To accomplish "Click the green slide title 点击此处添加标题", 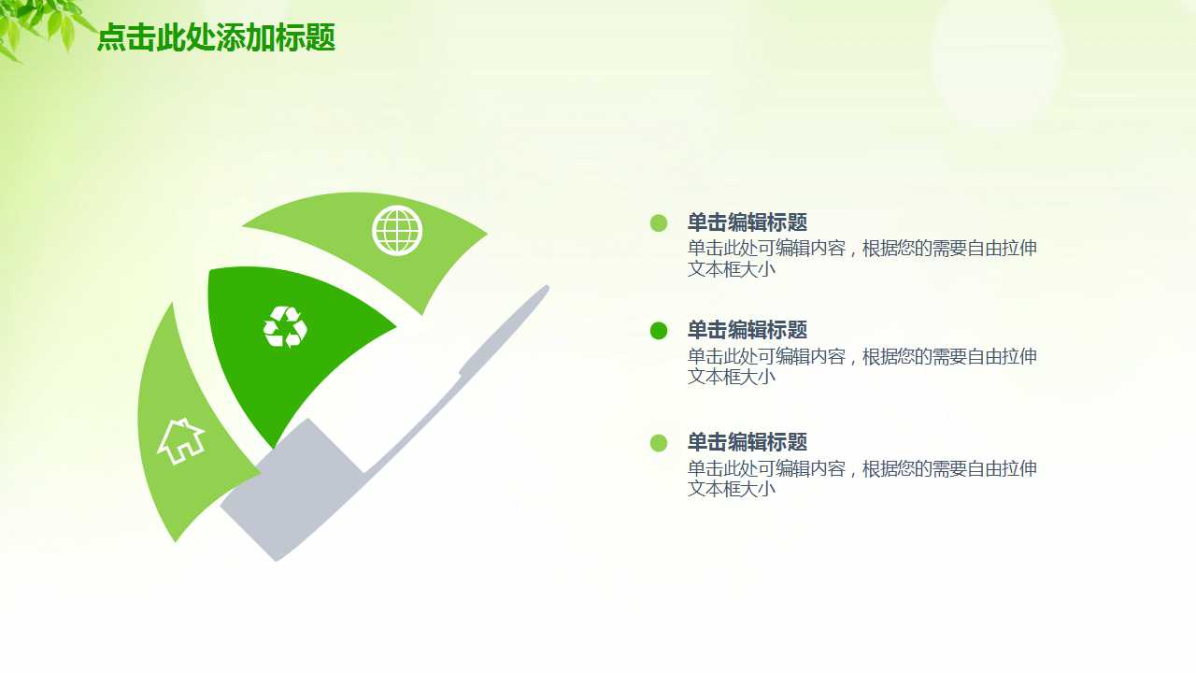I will pyautogui.click(x=216, y=38).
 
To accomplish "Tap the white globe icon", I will pyautogui.click(x=397, y=230).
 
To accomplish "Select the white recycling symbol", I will pyautogui.click(x=285, y=326).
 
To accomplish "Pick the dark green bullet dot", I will pyautogui.click(x=659, y=330).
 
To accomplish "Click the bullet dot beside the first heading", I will pyautogui.click(x=659, y=222).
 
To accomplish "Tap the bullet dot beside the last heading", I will pyautogui.click(x=659, y=442).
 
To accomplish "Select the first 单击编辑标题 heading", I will pyautogui.click(x=747, y=222).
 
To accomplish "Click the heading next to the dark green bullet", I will pyautogui.click(x=747, y=330).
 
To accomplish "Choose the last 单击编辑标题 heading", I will pyautogui.click(x=747, y=442).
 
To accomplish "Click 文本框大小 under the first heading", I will pyautogui.click(x=732, y=269).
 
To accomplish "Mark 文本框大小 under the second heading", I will pyautogui.click(x=732, y=377).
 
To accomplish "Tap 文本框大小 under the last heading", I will pyautogui.click(x=732, y=489).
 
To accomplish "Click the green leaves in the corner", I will pyautogui.click(x=42, y=23).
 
